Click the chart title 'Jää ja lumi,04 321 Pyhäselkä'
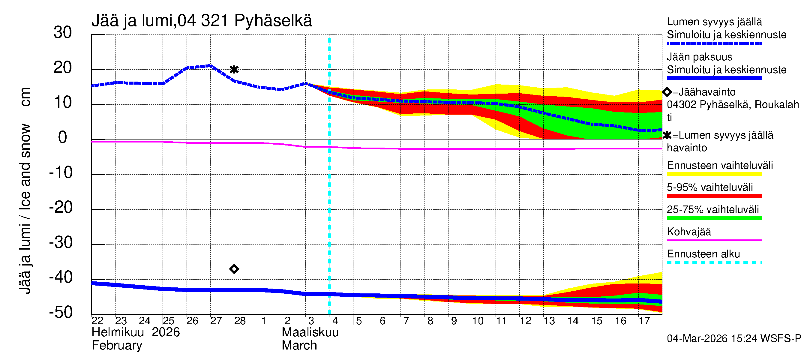click(x=202, y=21)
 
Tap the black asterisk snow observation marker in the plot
click(x=234, y=69)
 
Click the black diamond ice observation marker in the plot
click(x=234, y=269)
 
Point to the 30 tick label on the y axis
click(x=63, y=33)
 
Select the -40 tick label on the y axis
click(x=61, y=277)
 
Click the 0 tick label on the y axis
click(x=63, y=138)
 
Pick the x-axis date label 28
click(x=240, y=321)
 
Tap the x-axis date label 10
click(x=477, y=321)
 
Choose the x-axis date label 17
click(x=644, y=321)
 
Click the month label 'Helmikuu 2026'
click(x=136, y=332)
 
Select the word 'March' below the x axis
click(x=299, y=346)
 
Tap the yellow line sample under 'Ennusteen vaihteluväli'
click(x=714, y=174)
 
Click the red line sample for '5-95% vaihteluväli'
click(x=714, y=196)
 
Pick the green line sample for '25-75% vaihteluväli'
click(x=714, y=218)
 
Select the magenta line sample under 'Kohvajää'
click(x=714, y=240)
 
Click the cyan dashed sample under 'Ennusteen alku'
click(x=714, y=262)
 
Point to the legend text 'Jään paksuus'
click(x=699, y=57)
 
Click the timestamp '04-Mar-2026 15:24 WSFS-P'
click(x=734, y=338)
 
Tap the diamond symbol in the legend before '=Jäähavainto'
click(x=667, y=92)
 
